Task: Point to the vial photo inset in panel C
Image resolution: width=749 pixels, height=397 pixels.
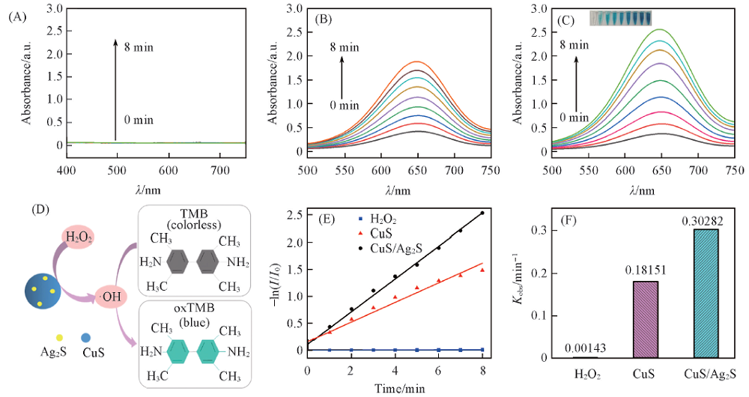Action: click(620, 17)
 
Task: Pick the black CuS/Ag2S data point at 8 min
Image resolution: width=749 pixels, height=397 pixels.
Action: click(482, 213)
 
